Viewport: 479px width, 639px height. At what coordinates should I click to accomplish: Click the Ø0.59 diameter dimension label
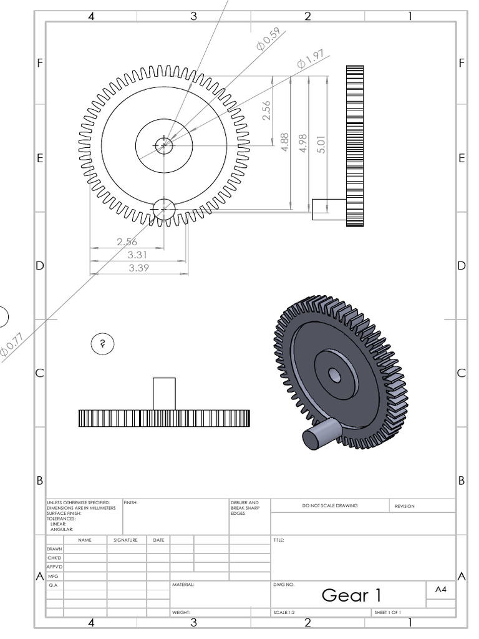268,39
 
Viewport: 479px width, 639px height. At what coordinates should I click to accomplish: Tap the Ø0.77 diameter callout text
12,345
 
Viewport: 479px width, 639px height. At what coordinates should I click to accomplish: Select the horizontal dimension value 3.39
138,268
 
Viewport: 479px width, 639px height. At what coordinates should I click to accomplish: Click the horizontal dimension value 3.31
138,255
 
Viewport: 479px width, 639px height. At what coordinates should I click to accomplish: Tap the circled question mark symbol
103,343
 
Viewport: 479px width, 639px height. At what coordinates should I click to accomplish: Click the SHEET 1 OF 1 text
387,613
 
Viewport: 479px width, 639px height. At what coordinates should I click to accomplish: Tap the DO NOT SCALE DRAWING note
330,506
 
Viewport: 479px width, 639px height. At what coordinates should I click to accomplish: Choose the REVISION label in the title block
404,506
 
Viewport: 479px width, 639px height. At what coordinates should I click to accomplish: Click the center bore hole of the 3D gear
334,374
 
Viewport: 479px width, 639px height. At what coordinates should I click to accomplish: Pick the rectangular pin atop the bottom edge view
164,393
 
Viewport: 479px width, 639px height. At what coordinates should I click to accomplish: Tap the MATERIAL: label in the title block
183,585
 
